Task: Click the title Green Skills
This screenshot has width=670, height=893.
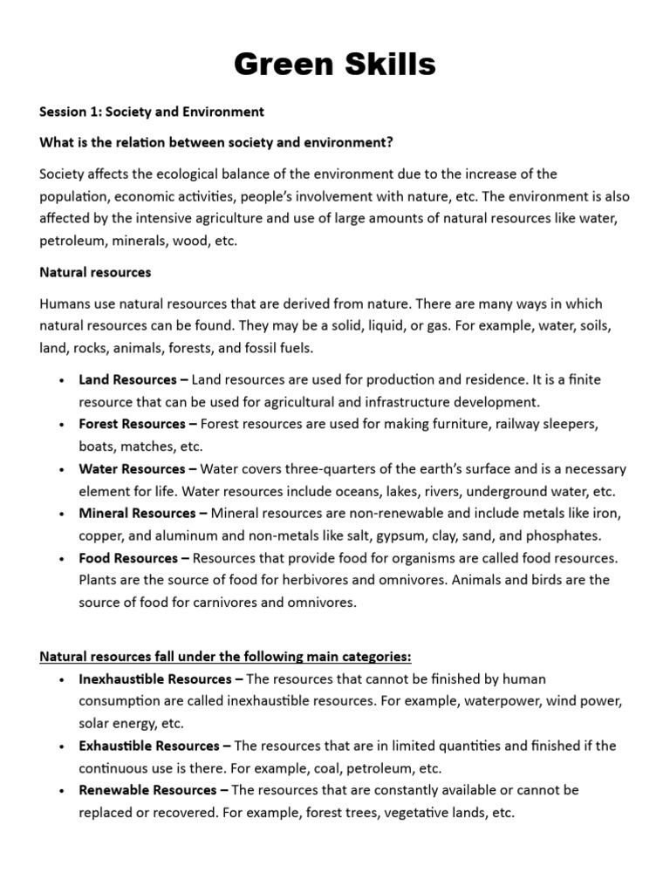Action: click(x=335, y=65)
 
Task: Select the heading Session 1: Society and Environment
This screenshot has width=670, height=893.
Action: click(x=152, y=112)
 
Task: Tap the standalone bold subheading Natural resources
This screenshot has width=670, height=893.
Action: click(x=95, y=272)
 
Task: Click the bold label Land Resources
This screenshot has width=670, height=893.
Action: click(x=127, y=380)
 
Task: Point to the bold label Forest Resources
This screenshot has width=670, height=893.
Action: click(x=132, y=424)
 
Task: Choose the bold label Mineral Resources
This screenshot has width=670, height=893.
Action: click(x=137, y=513)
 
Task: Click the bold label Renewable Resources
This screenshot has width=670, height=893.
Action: click(x=147, y=790)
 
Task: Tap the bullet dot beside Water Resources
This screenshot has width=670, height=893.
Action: click(x=61, y=470)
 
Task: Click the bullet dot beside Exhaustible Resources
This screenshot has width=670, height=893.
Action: click(x=61, y=747)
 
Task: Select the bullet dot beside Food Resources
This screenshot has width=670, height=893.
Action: click(x=61, y=559)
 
